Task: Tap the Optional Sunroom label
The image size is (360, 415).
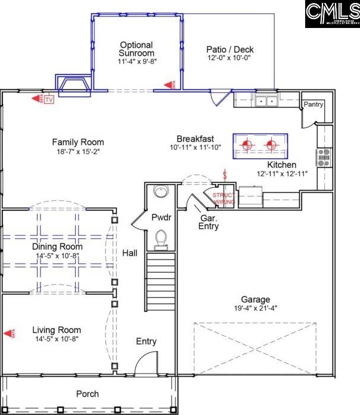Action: (136, 49)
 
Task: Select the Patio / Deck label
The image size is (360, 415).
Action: (229, 49)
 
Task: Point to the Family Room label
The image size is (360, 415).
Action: (77, 142)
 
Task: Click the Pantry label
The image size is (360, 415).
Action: (314, 105)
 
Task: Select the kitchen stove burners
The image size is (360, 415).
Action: (323, 157)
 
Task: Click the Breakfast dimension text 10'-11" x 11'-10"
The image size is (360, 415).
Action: (195, 147)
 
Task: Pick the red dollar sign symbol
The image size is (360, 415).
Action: (225, 176)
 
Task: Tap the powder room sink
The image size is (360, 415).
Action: (160, 192)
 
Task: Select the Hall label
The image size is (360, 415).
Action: (129, 253)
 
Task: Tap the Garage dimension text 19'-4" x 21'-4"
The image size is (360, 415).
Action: (255, 308)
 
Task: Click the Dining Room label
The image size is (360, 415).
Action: (57, 246)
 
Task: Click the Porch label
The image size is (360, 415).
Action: (88, 394)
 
